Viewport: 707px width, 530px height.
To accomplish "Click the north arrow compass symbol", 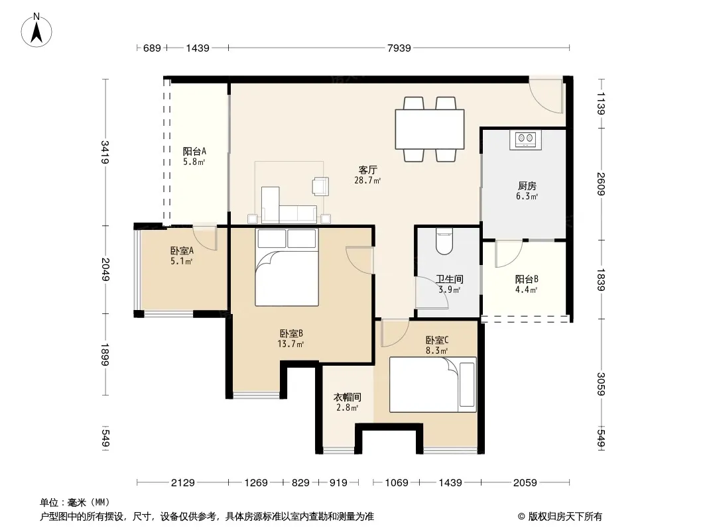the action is click(x=36, y=30).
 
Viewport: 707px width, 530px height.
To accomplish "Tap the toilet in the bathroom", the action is click(x=444, y=241).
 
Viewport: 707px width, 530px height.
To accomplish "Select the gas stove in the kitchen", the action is click(x=526, y=139).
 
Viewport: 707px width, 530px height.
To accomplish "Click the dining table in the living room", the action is click(x=430, y=129).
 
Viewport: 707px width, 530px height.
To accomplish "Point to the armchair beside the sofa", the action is click(x=320, y=186).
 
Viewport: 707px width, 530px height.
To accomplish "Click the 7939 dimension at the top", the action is click(x=399, y=48).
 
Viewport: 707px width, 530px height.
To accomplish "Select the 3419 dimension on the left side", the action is click(x=105, y=152).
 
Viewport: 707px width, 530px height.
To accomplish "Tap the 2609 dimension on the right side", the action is click(x=601, y=184).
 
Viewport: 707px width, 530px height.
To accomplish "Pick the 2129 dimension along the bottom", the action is click(x=182, y=483).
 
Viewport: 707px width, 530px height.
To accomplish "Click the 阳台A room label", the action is click(x=194, y=151).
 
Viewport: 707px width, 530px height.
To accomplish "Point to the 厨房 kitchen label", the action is click(x=527, y=185).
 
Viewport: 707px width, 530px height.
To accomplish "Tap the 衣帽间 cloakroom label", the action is click(x=347, y=397).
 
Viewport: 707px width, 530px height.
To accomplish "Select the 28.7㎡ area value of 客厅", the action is click(x=367, y=181).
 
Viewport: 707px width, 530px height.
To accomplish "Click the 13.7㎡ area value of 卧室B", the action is click(x=291, y=344).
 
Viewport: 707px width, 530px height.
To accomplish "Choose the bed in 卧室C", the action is click(x=433, y=384).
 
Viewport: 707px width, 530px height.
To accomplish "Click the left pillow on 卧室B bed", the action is click(x=272, y=238).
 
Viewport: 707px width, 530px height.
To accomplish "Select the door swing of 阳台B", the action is click(x=509, y=254).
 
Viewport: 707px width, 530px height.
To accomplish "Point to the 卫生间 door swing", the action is click(x=432, y=293).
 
